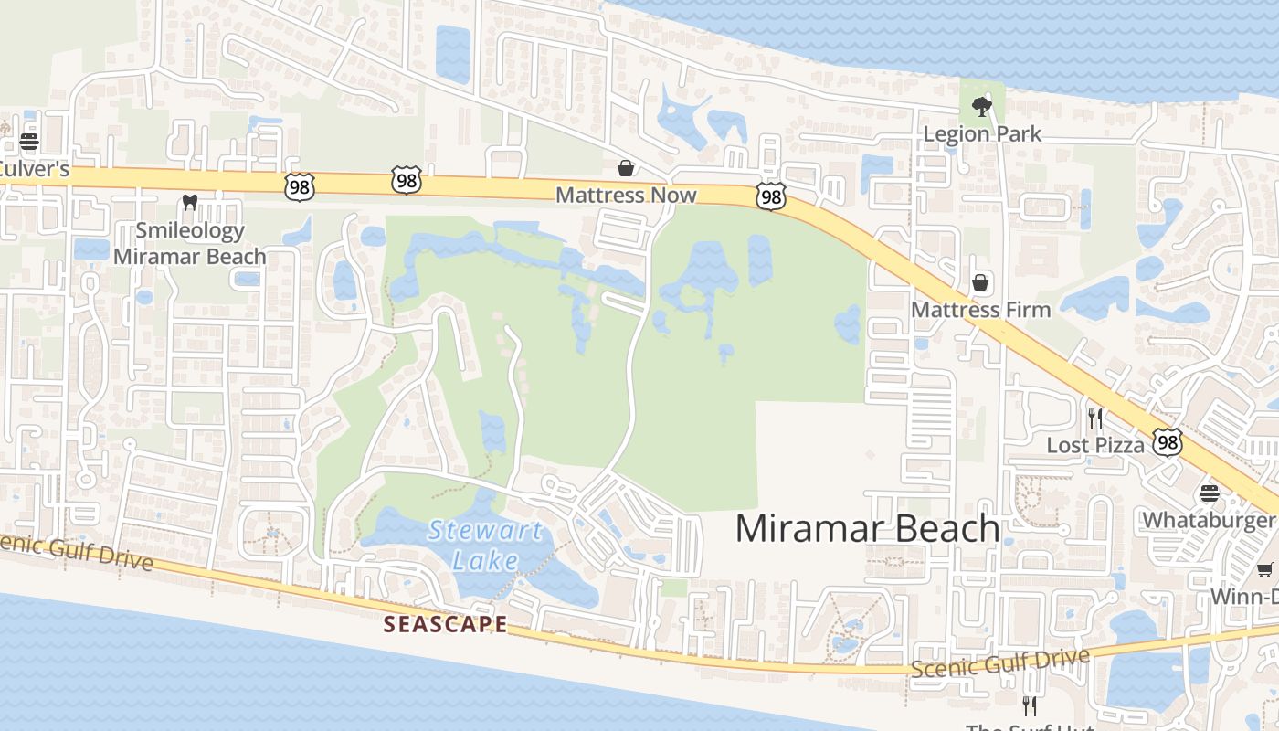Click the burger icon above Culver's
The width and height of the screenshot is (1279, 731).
click(29, 142)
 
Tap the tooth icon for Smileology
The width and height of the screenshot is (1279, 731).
click(190, 202)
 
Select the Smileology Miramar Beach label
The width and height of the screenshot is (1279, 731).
click(190, 243)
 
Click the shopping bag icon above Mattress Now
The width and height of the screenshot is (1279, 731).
click(626, 168)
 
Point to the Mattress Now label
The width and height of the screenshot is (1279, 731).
click(626, 195)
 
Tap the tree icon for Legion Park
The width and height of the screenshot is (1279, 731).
click(982, 107)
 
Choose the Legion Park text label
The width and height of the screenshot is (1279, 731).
click(982, 133)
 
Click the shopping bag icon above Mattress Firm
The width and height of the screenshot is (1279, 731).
click(980, 282)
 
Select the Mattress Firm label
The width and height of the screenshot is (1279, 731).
click(980, 310)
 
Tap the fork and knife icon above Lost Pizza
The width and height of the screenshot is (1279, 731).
click(1095, 418)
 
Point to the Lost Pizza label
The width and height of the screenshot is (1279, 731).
click(1095, 445)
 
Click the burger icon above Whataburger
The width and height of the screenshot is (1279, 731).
click(1210, 493)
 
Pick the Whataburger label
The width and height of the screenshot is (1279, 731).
click(1208, 520)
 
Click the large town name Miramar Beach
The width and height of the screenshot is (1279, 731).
click(867, 528)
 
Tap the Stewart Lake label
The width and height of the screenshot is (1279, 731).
click(485, 545)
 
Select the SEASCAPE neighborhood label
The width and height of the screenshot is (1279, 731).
click(445, 624)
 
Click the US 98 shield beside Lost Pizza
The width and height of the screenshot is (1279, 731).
click(1168, 442)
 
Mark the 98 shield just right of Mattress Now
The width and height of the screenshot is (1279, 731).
click(771, 196)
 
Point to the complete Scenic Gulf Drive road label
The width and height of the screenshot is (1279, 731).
click(1000, 662)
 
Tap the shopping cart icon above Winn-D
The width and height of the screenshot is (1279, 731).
click(1265, 570)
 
